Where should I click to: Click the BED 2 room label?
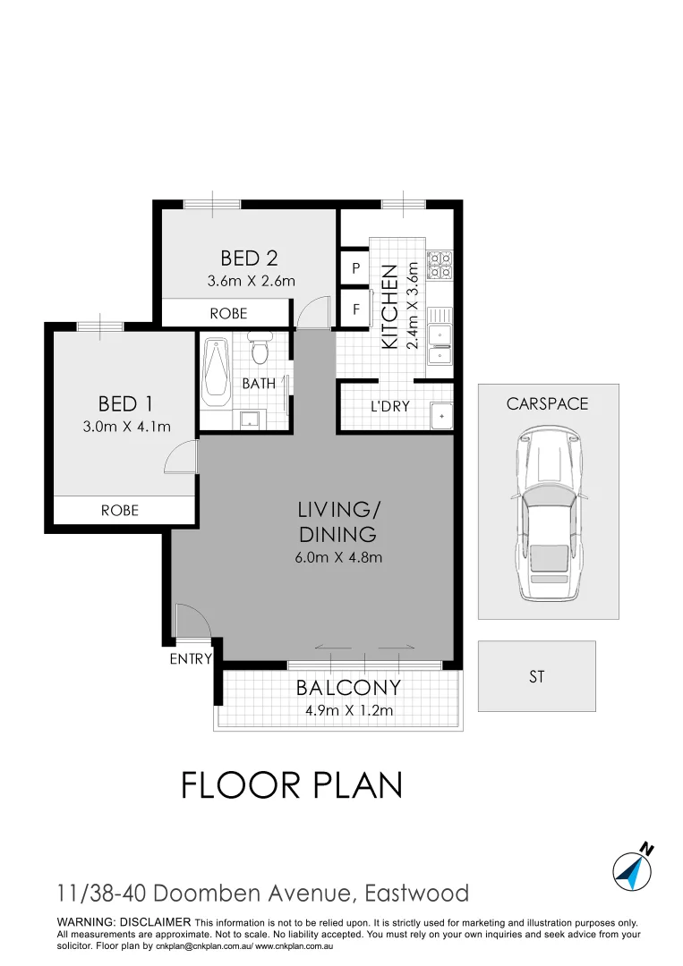(x=249, y=258)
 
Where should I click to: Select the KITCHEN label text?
(x=389, y=306)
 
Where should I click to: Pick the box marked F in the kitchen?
(x=355, y=310)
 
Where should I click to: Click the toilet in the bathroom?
(x=260, y=349)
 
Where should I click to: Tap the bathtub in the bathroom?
(x=216, y=372)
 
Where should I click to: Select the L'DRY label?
(x=390, y=406)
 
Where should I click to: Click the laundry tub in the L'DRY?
(x=440, y=416)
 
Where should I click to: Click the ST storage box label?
(x=536, y=677)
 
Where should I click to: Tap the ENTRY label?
(x=191, y=659)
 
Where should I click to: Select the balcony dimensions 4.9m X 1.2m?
(x=347, y=712)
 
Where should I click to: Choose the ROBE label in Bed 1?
(x=119, y=510)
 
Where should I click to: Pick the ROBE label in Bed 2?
(x=228, y=314)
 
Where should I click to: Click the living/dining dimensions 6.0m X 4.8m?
(x=339, y=558)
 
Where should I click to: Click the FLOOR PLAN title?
(x=292, y=785)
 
